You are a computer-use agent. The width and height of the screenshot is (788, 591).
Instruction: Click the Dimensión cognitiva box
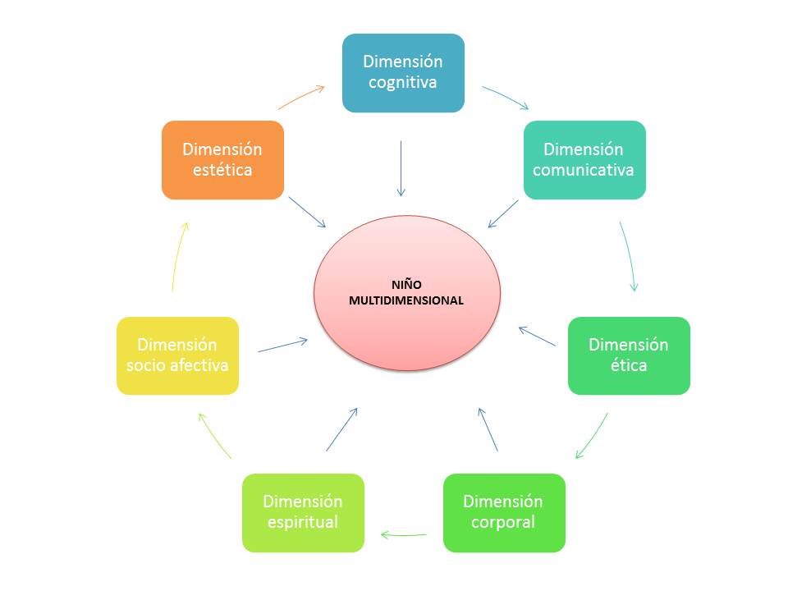click(x=403, y=72)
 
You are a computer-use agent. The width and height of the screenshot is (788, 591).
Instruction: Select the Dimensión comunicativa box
click(x=584, y=160)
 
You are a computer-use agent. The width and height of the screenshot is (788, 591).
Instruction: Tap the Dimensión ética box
click(x=629, y=355)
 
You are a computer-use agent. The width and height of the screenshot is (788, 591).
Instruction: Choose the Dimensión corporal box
click(x=504, y=512)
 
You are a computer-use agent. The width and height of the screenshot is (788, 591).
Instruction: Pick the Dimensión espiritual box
click(x=303, y=512)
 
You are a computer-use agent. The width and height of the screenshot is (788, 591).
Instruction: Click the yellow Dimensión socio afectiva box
click(x=177, y=355)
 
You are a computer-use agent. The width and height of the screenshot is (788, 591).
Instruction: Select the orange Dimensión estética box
click(x=222, y=160)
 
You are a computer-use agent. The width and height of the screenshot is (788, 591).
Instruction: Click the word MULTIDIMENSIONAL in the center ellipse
click(x=406, y=301)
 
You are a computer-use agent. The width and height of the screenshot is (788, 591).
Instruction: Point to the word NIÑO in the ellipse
click(x=406, y=285)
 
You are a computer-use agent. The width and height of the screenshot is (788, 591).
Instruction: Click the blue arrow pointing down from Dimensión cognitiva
click(x=401, y=168)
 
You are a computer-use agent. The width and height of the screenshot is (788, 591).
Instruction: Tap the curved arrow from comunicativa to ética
click(x=629, y=256)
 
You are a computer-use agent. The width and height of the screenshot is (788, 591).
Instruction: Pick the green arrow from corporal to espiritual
click(x=404, y=535)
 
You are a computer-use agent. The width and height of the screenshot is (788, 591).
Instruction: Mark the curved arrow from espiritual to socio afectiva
click(x=214, y=435)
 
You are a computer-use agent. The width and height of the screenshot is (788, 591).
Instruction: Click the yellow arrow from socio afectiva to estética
click(x=180, y=256)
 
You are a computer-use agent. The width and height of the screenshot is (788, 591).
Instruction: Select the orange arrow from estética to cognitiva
click(x=301, y=96)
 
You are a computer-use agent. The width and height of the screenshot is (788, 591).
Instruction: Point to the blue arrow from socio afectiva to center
click(x=283, y=346)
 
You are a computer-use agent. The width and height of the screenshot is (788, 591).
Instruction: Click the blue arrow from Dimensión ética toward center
click(x=537, y=336)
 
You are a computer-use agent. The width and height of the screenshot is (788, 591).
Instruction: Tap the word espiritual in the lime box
click(x=303, y=522)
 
